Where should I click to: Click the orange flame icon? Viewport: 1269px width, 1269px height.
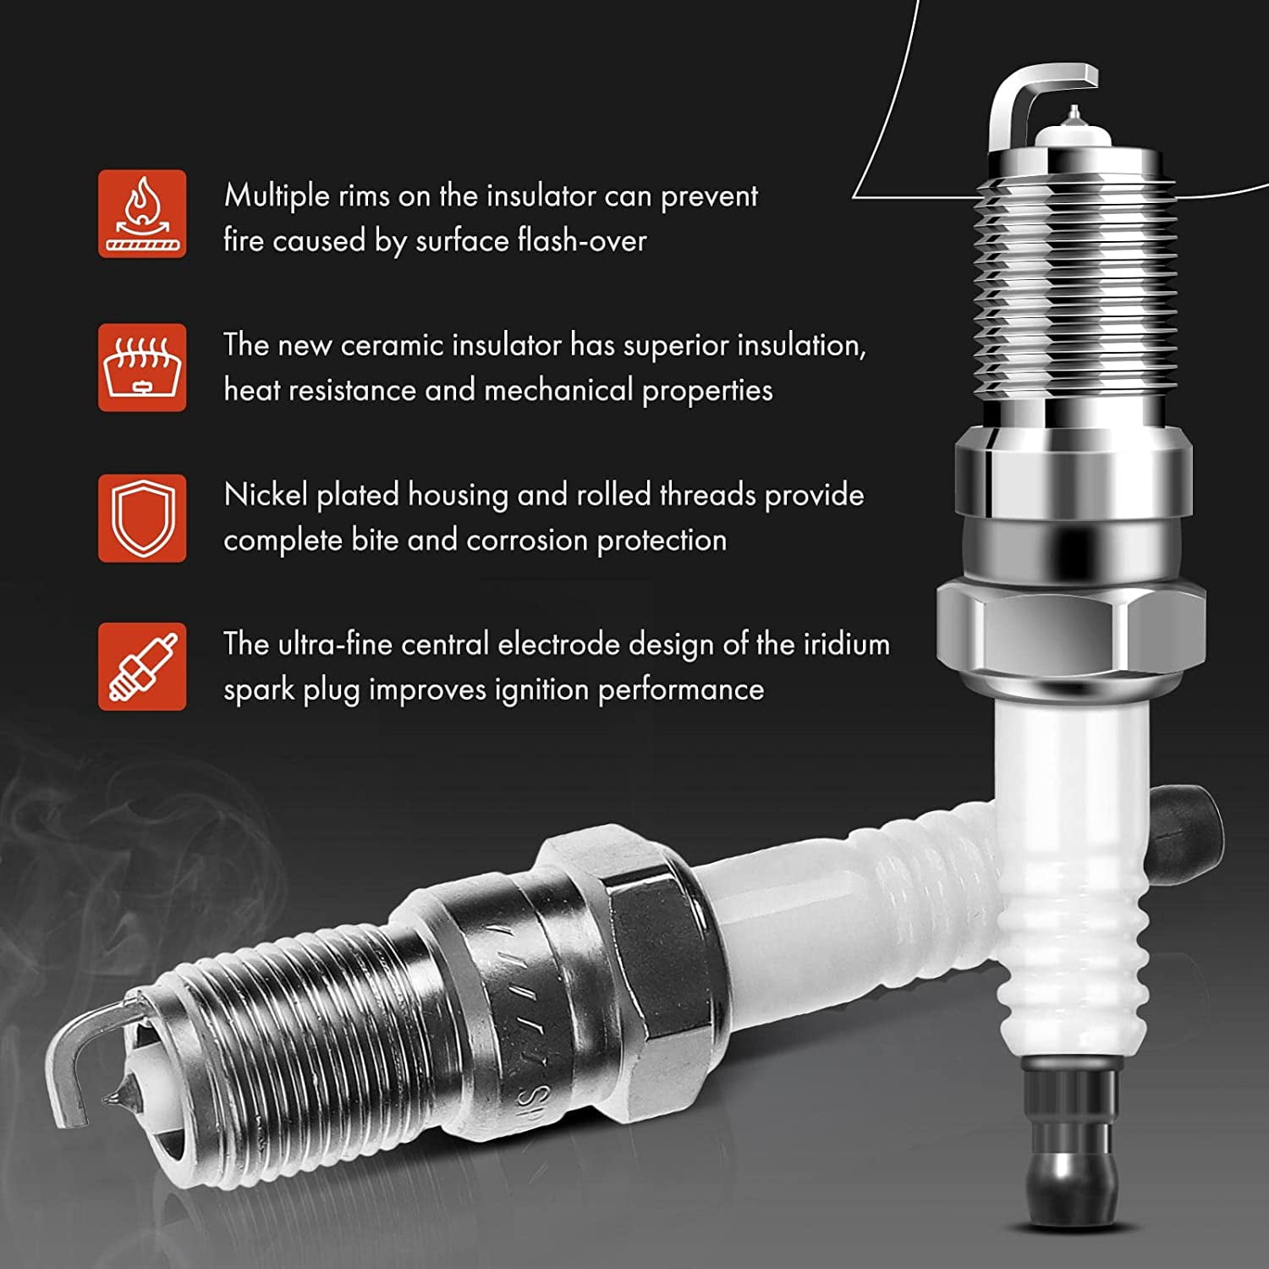tap(142, 213)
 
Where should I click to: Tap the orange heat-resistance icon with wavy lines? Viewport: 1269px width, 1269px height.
tap(142, 367)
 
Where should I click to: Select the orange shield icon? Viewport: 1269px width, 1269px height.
tap(142, 518)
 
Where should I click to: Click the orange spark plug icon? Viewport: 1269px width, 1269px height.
tap(142, 667)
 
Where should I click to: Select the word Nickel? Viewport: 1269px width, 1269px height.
tap(266, 495)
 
